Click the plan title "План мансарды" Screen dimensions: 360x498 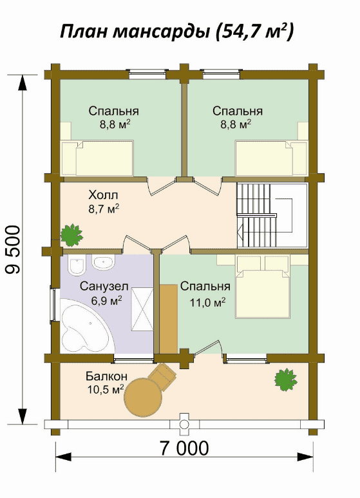click(x=135, y=32)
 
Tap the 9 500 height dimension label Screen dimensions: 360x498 click(x=14, y=249)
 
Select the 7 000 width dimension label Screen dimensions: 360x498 click(x=184, y=448)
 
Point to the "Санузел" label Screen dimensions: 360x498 click(x=104, y=287)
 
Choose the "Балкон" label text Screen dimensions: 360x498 click(x=106, y=376)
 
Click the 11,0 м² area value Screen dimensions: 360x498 click(x=207, y=302)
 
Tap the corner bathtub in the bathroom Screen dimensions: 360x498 click(x=86, y=326)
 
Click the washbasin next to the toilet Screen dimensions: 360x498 click(x=103, y=262)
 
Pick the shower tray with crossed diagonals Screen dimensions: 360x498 click(x=142, y=309)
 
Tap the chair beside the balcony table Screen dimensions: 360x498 click(x=162, y=377)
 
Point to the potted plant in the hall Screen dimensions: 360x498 click(x=71, y=235)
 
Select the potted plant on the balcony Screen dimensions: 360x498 click(x=286, y=379)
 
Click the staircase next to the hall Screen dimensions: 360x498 click(x=272, y=216)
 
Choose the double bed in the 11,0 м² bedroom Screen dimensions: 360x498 click(x=262, y=287)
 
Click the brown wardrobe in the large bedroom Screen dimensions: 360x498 click(x=168, y=318)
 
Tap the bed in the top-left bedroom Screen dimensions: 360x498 click(x=97, y=158)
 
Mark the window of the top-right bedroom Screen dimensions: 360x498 click(x=222, y=73)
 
